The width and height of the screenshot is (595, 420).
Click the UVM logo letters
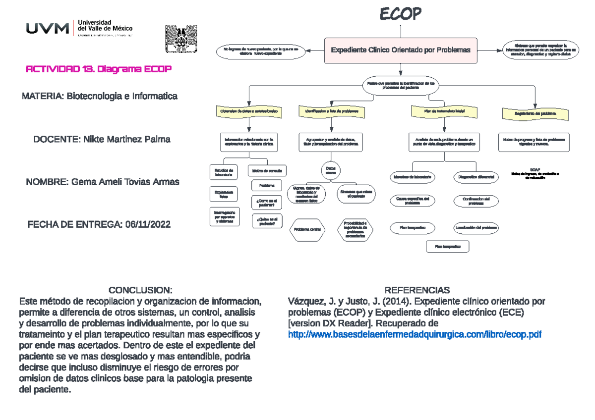pyautogui.click(x=48, y=29)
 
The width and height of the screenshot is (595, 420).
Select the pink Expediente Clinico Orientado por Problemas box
pyautogui.click(x=400, y=50)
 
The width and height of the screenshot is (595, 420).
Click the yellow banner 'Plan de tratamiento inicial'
pyautogui.click(x=444, y=112)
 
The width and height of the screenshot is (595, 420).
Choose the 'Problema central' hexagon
pyautogui.click(x=307, y=229)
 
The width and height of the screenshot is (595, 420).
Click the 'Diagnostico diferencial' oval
pyautogui.click(x=476, y=177)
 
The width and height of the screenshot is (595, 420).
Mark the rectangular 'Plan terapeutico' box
pyautogui.click(x=447, y=246)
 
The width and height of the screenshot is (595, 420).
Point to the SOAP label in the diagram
pyautogui.click(x=534, y=169)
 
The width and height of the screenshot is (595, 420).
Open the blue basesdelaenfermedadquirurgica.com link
pyautogui.click(x=415, y=335)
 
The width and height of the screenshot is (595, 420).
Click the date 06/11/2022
pyautogui.click(x=148, y=225)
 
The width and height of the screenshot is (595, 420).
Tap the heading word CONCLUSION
pyautogui.click(x=141, y=290)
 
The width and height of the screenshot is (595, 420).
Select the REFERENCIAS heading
pyautogui.click(x=417, y=290)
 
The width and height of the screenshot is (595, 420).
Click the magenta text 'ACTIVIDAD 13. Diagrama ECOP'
pyautogui.click(x=99, y=69)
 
